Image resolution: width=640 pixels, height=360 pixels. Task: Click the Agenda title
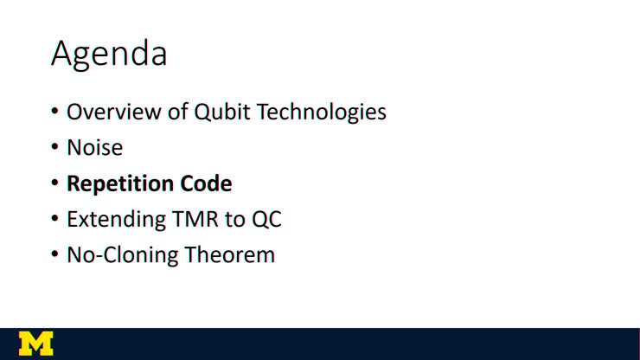[109, 54]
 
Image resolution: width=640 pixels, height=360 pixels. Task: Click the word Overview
[107, 112]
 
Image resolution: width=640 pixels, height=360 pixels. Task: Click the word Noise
[94, 148]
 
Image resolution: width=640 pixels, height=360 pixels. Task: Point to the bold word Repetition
[119, 184]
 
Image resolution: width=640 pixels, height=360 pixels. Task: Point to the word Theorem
[230, 255]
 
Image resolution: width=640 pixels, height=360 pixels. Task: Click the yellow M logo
[35, 343]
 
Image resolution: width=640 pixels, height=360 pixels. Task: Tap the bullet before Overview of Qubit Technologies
[54, 113]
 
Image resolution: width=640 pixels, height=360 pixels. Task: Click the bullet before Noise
[54, 149]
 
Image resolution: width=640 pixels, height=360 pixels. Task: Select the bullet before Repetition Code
[54, 184]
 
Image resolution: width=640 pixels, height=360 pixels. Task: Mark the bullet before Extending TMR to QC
[54, 220]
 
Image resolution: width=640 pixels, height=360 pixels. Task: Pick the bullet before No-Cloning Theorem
[54, 255]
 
